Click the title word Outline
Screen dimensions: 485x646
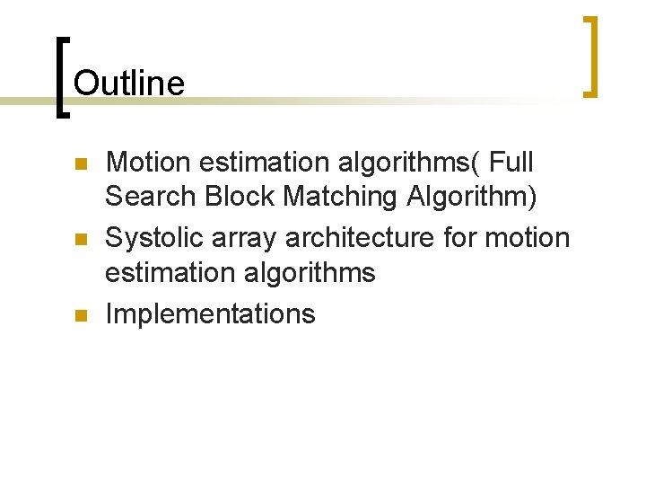click(x=128, y=84)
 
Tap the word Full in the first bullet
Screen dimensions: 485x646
click(x=512, y=163)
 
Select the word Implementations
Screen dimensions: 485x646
click(x=210, y=313)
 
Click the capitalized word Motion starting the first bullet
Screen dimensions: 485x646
click(x=148, y=163)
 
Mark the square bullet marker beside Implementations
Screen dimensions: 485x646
click(x=79, y=315)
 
